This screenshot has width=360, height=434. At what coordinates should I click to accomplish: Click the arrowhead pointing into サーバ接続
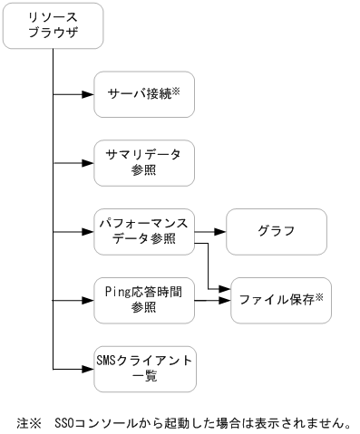(89, 93)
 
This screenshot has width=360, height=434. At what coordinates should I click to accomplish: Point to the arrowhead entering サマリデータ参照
(89, 162)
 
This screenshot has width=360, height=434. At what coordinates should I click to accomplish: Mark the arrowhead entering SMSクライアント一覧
(89, 368)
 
